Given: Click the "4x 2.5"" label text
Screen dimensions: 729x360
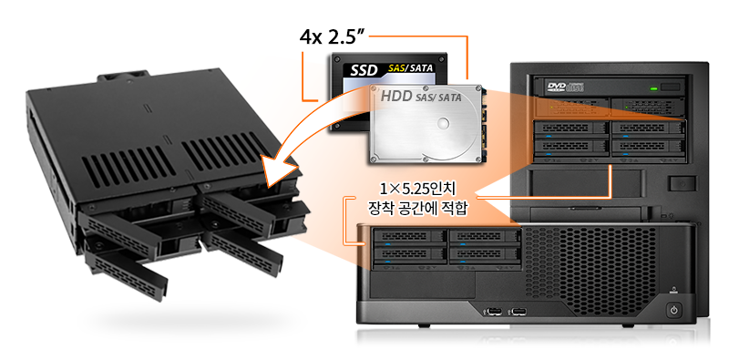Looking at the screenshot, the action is tap(330, 37).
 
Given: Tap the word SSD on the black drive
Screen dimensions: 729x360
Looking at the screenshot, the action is tap(364, 71).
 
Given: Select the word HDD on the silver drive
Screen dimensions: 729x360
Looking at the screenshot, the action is tap(395, 97).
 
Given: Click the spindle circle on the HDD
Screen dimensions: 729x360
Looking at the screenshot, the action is tap(444, 124).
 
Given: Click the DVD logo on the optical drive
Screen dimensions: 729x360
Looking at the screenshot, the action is tap(557, 87).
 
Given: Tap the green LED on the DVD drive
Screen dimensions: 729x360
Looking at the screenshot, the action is tap(654, 87).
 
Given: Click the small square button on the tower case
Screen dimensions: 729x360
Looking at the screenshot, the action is tap(682, 183).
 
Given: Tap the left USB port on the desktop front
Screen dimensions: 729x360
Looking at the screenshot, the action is tap(495, 311).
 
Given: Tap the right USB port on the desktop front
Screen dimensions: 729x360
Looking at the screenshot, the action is tap(519, 311).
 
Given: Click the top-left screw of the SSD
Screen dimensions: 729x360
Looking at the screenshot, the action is tap(336, 59).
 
